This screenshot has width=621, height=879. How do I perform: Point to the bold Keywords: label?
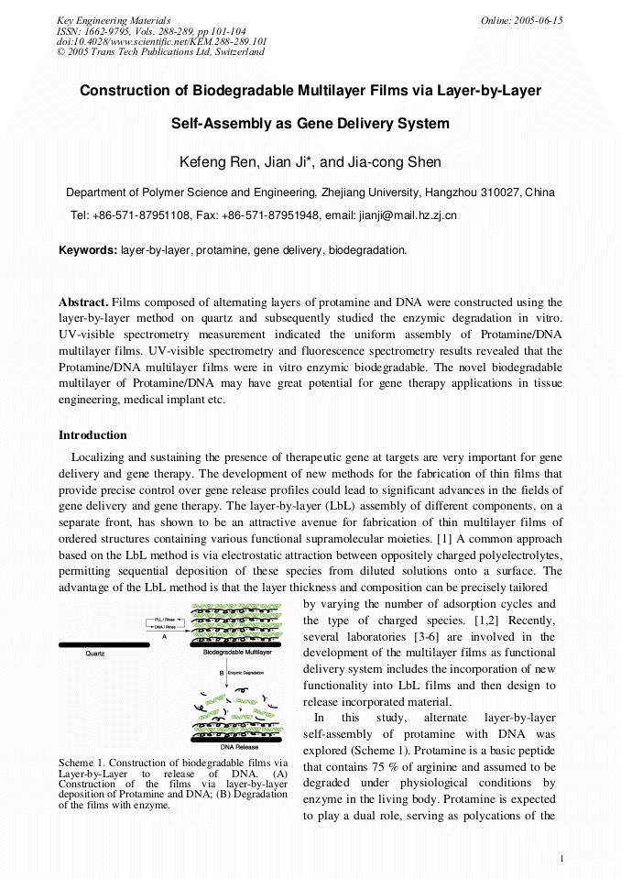click(88, 249)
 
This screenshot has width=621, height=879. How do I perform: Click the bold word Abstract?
click(83, 302)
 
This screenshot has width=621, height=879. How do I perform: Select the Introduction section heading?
click(93, 434)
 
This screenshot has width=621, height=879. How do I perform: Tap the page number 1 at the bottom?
click(561, 858)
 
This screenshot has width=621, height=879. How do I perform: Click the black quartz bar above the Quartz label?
click(103, 644)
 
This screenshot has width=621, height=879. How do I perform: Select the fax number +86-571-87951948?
click(270, 215)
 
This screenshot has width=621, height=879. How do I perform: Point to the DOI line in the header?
click(162, 41)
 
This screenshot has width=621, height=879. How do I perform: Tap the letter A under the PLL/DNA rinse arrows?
click(164, 635)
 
